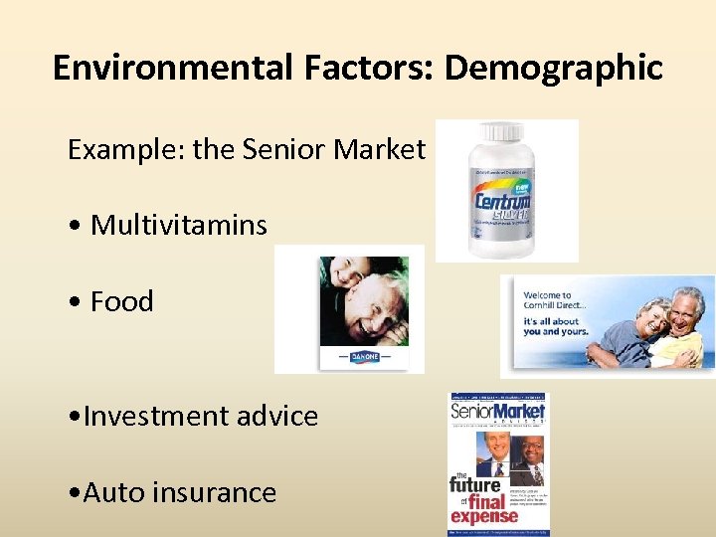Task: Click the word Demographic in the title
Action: (553, 69)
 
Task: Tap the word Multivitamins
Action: (179, 225)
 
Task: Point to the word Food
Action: (122, 301)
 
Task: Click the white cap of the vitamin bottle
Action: (502, 133)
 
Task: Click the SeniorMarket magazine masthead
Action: (498, 411)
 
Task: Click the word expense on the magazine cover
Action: (484, 516)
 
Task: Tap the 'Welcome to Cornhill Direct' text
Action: (548, 300)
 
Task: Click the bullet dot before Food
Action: (75, 302)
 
